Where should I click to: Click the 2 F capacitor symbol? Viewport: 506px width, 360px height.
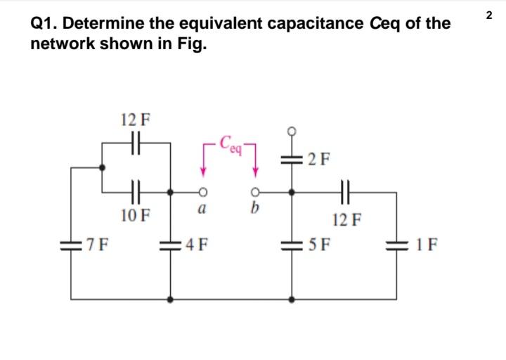coord(292,160)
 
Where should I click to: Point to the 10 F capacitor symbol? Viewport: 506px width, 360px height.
coord(136,192)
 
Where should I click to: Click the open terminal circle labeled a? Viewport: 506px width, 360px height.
coord(202,193)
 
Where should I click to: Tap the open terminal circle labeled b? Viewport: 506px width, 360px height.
coord(255,193)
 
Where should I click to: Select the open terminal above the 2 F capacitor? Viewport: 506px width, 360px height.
coord(292,131)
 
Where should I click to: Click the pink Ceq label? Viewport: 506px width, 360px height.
coord(231,143)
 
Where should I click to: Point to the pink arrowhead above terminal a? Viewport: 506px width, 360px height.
coord(203,172)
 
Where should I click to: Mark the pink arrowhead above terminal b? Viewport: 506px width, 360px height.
coord(256,172)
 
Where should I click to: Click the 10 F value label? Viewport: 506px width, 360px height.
coord(136,215)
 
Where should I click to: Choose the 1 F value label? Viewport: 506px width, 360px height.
coord(427,245)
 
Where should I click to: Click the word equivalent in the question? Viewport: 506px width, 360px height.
coord(221,24)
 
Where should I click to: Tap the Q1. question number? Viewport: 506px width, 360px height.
coord(44,24)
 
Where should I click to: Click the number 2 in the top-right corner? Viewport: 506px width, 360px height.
coord(489,15)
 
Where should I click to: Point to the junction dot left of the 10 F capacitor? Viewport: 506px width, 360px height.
coord(102,167)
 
